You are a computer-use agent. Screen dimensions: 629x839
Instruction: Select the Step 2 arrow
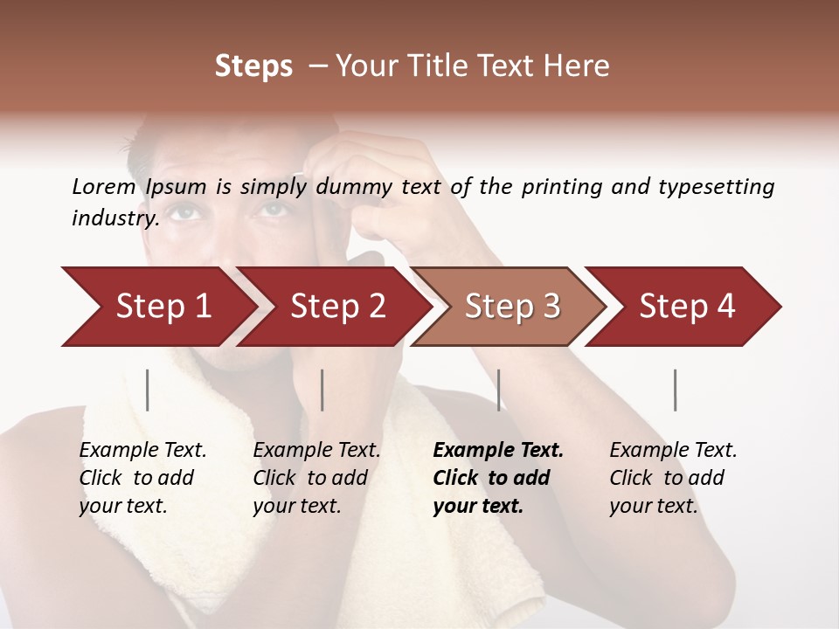[337, 307]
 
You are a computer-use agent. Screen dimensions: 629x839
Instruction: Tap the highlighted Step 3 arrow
[512, 307]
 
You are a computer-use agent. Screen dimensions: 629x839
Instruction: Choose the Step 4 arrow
[687, 307]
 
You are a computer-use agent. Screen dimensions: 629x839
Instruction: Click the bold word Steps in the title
[253, 66]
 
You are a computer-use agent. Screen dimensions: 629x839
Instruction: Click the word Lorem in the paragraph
[103, 187]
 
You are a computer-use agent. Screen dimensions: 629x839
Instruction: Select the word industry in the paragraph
[114, 218]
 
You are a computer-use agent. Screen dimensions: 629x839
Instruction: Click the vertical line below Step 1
[148, 390]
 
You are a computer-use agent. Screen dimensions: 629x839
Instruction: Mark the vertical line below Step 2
[322, 390]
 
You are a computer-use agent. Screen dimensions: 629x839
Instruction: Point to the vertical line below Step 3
[499, 390]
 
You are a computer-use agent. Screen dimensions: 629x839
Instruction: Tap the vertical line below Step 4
[675, 390]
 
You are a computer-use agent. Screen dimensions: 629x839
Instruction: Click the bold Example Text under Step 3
[498, 451]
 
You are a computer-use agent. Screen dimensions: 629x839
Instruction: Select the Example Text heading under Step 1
[142, 451]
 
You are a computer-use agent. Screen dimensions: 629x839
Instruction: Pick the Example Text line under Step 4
[673, 451]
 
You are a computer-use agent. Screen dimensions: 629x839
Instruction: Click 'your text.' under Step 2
[296, 506]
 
